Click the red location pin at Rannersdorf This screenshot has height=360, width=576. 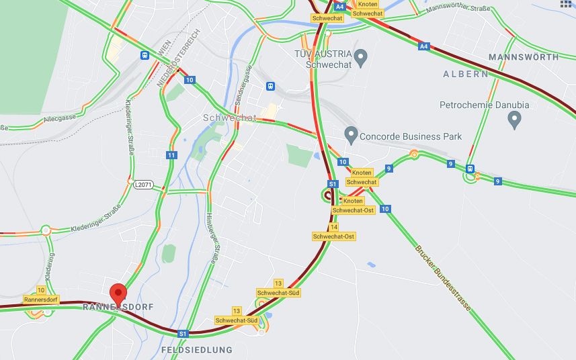click(118, 294)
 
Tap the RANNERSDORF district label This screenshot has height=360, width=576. click(118, 307)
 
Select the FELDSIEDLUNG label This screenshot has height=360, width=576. click(196, 350)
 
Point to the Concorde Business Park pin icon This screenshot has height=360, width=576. click(350, 134)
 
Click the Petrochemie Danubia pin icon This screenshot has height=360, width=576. click(516, 120)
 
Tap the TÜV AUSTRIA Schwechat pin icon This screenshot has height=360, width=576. click(361, 58)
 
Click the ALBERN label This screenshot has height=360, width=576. click(466, 74)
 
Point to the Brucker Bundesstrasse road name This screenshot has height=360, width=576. click(443, 278)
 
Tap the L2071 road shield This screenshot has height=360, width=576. click(143, 183)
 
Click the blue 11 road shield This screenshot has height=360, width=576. click(172, 155)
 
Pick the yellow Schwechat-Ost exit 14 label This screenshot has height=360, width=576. click(334, 232)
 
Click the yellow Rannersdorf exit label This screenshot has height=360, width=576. click(41, 295)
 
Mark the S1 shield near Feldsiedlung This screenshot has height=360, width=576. click(183, 333)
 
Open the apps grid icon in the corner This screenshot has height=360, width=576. click(566, 3)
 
